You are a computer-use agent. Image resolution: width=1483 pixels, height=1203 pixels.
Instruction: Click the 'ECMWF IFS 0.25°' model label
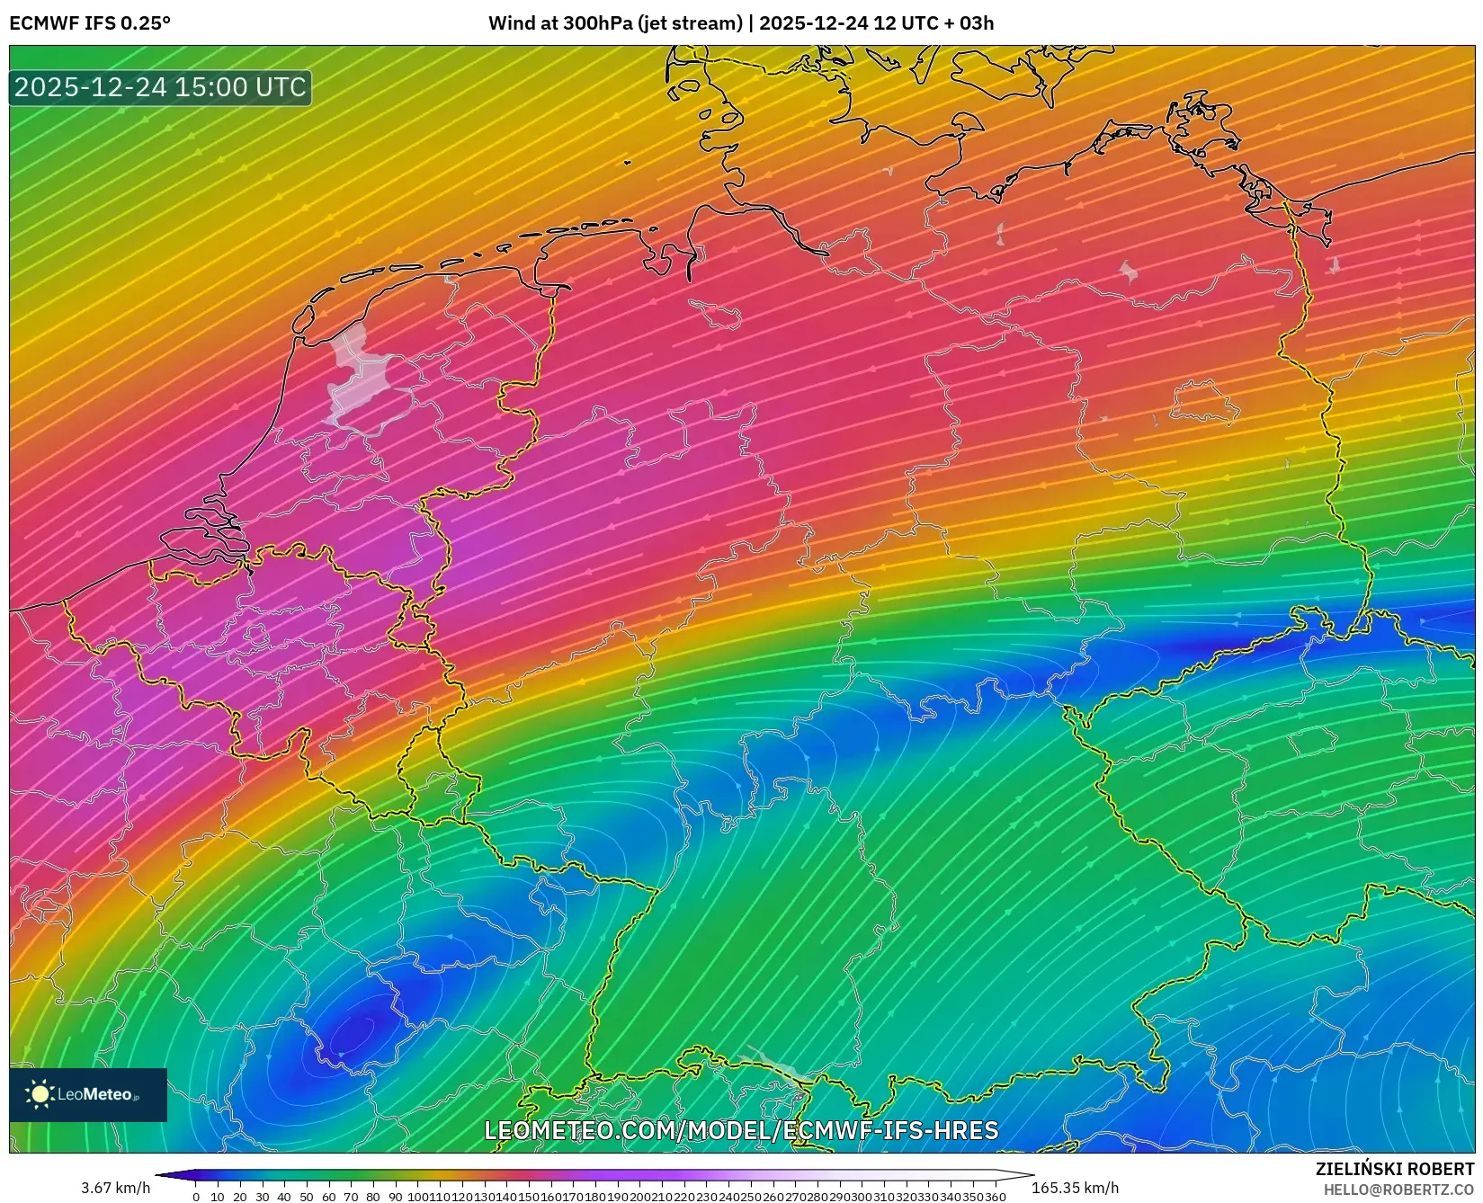click(x=90, y=23)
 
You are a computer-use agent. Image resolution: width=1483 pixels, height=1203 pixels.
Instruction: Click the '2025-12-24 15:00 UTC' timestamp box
click(x=160, y=87)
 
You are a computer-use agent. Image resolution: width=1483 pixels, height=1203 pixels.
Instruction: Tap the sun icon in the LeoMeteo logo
click(x=40, y=1094)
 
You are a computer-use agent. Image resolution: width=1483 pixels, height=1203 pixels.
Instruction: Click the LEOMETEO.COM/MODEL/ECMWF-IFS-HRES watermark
click(x=741, y=1130)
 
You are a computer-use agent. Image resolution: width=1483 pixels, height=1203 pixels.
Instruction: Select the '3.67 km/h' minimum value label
click(x=115, y=1188)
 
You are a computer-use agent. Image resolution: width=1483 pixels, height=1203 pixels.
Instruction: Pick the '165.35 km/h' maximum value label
click(x=1075, y=1188)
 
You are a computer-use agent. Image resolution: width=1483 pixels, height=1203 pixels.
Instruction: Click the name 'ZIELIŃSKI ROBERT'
click(x=1395, y=1169)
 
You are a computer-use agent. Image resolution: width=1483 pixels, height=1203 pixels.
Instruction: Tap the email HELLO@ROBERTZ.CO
click(x=1398, y=1190)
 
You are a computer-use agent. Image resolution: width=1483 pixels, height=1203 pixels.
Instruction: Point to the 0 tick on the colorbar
click(x=196, y=1197)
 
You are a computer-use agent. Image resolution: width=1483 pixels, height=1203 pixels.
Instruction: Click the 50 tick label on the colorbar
click(x=306, y=1197)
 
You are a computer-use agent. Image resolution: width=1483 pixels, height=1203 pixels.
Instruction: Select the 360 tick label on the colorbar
click(x=995, y=1197)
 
